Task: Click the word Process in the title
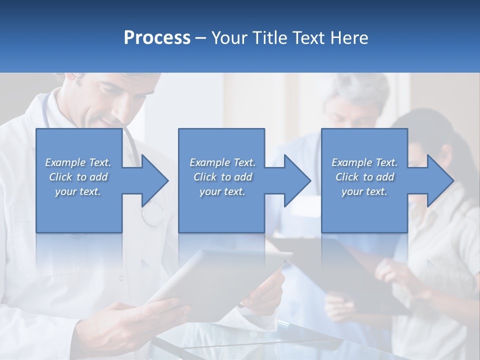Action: [157, 38]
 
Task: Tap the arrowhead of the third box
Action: [439, 180]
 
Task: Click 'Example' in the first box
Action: [65, 162]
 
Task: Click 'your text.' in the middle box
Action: [222, 191]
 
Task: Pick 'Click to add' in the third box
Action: [364, 177]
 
